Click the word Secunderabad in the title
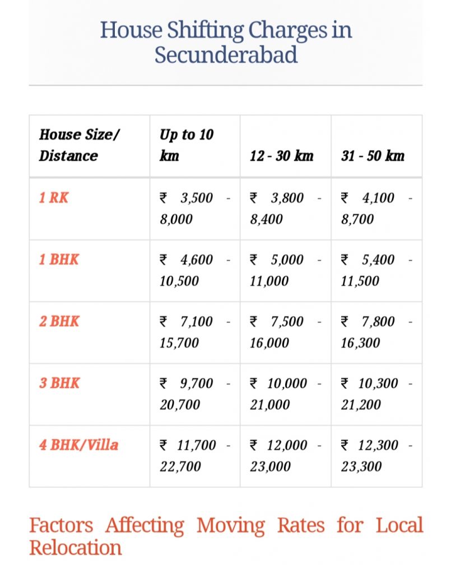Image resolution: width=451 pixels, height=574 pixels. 226,55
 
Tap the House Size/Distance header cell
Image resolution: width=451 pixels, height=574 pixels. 79,145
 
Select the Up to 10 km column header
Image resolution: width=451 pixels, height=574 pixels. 187,145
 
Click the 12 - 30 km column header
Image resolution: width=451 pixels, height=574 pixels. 281,155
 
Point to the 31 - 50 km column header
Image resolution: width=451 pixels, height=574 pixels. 373,155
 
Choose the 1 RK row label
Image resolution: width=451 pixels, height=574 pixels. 54,198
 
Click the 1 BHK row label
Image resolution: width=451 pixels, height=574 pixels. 59,260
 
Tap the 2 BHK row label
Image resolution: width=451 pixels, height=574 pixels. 59,321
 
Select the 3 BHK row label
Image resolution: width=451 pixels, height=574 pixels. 59,383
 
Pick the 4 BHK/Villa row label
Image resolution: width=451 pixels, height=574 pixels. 78,445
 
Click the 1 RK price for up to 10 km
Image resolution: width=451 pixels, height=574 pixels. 194,209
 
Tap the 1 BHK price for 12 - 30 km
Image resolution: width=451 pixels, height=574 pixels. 285,270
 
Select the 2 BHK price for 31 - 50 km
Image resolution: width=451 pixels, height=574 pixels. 376,332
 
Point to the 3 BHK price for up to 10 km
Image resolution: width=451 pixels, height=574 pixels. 194,394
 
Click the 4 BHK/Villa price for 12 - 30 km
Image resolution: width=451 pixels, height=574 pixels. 285,455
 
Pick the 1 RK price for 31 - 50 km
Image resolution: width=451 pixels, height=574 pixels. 376,209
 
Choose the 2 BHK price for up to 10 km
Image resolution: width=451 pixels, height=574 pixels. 194,332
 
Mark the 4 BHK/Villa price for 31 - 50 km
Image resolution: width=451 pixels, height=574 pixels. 376,455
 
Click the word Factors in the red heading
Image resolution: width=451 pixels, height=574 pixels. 61,526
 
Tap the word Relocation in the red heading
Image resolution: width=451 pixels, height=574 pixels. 75,548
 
